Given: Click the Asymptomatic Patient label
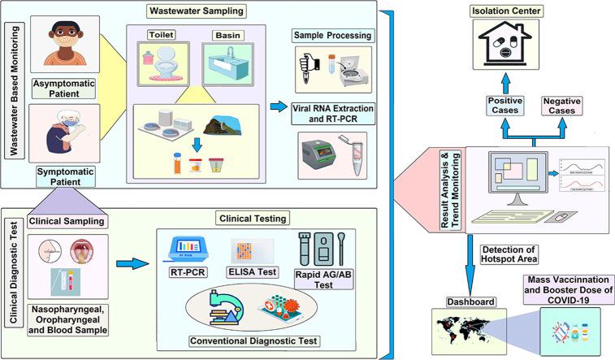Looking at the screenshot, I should coord(59,88).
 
